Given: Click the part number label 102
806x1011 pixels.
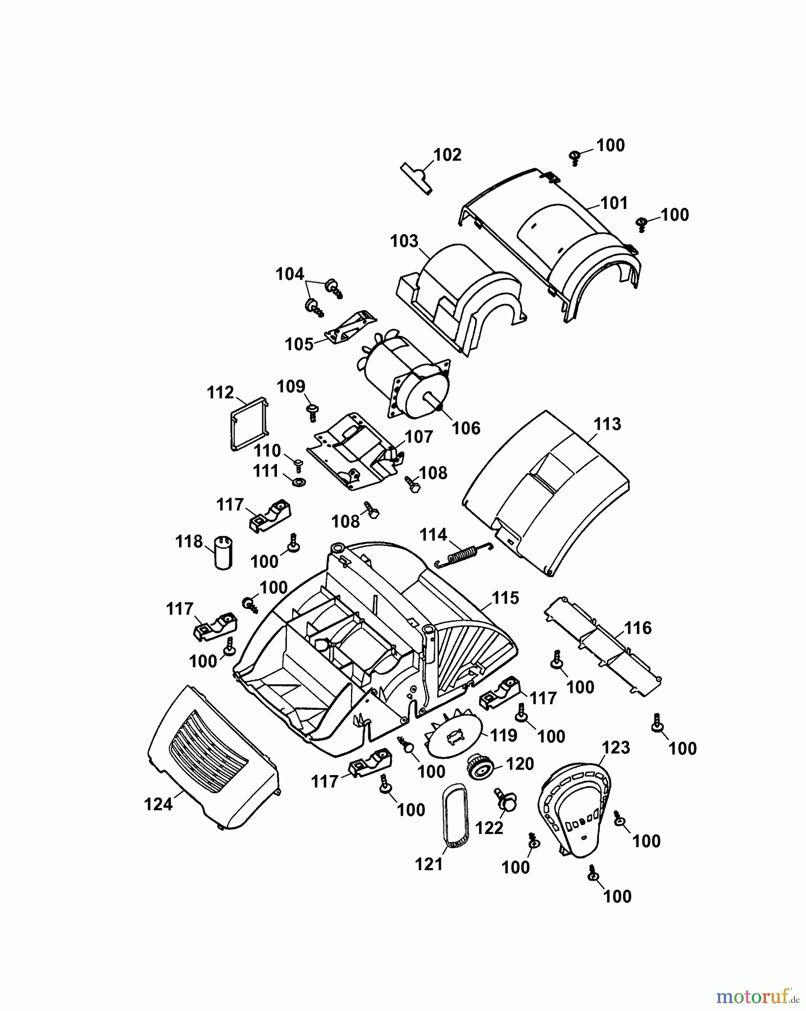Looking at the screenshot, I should (x=447, y=155).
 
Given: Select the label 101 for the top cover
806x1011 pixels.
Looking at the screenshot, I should (x=614, y=203).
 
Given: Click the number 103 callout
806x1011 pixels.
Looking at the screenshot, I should (x=404, y=241).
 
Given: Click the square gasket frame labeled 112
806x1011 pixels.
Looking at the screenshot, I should (x=248, y=424).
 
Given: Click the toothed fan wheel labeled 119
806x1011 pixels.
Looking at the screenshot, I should (x=454, y=735).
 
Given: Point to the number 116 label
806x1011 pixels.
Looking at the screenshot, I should (x=637, y=628).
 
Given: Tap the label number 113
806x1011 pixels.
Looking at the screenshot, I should (x=607, y=424).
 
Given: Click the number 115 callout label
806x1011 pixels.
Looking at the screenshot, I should (x=505, y=598).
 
